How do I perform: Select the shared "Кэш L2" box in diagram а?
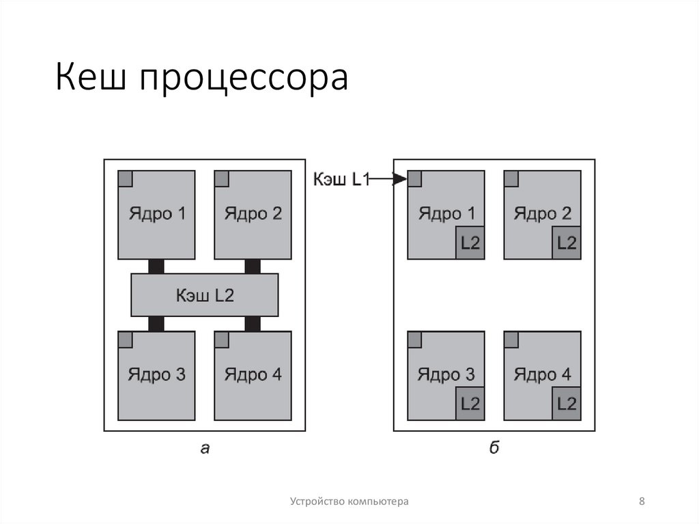click(205, 295)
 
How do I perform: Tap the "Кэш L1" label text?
click(341, 180)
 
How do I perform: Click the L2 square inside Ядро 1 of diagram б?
click(470, 243)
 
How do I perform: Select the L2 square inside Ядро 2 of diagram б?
click(567, 243)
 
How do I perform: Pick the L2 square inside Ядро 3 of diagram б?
click(470, 403)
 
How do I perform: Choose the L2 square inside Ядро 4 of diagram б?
click(567, 403)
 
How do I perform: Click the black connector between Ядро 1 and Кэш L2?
click(156, 266)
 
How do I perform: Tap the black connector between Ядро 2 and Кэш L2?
click(253, 266)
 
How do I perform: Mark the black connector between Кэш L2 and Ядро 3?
click(156, 324)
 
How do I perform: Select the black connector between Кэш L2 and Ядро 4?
click(253, 324)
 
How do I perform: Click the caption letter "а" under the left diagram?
click(204, 448)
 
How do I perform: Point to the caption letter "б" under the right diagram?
click(494, 447)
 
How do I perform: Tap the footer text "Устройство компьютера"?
click(349, 502)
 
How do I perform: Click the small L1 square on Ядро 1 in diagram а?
click(125, 178)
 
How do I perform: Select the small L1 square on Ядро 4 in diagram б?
click(511, 340)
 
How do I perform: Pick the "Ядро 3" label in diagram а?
click(156, 374)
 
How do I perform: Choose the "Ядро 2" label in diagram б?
click(543, 214)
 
